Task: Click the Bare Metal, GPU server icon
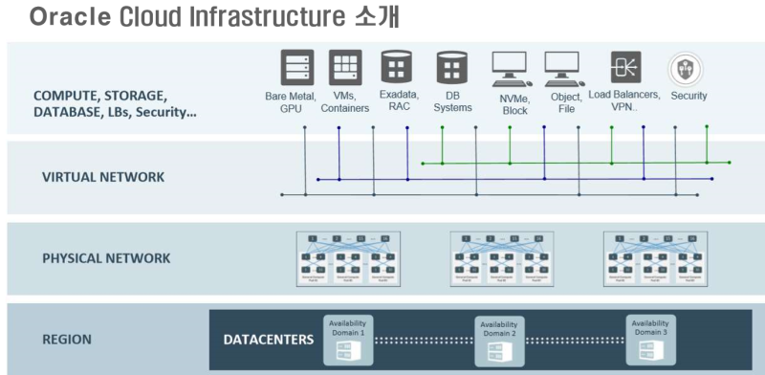(x=296, y=68)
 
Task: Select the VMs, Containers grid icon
(x=345, y=68)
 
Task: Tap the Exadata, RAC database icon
(x=397, y=68)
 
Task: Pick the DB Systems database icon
(x=451, y=68)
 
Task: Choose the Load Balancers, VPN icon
(x=626, y=68)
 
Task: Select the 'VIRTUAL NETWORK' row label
(x=102, y=177)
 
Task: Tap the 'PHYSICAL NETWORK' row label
(x=106, y=258)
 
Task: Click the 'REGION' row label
(x=67, y=339)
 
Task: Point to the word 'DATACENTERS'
(x=268, y=340)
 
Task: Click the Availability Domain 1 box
(x=346, y=340)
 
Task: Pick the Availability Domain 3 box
(x=650, y=340)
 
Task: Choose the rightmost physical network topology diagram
(x=654, y=258)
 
